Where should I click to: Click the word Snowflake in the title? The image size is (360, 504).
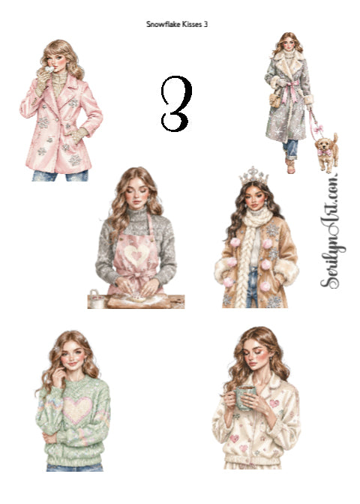[163, 24]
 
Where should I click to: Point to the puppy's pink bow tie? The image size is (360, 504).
[324, 151]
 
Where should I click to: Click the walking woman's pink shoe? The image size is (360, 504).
[290, 166]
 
